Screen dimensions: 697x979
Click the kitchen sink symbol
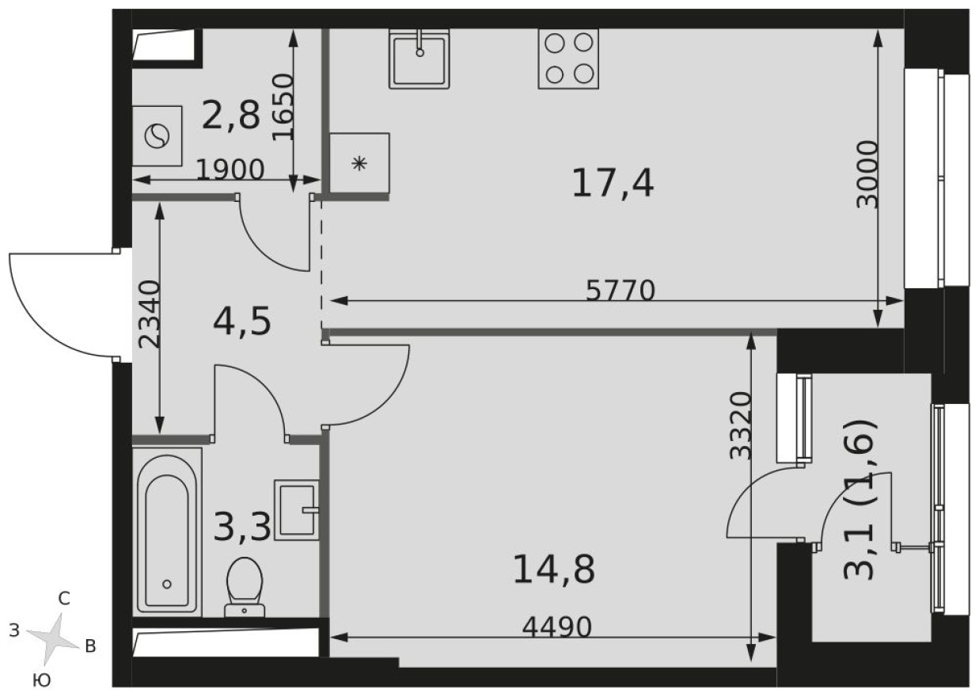point(419,59)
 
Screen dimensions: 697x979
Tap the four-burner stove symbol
point(568,59)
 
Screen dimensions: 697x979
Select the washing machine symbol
point(157,136)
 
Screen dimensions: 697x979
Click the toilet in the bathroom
point(244,586)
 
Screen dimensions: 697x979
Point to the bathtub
point(167,531)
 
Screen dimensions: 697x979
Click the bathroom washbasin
point(297,510)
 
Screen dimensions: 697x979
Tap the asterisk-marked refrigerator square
point(360,164)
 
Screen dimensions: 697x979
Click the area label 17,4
point(613,185)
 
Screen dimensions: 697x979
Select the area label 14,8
point(553,569)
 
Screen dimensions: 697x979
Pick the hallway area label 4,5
point(243,322)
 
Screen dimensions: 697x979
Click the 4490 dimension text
point(557,627)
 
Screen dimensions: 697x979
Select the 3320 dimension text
point(740,425)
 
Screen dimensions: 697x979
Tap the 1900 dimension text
point(230,169)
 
